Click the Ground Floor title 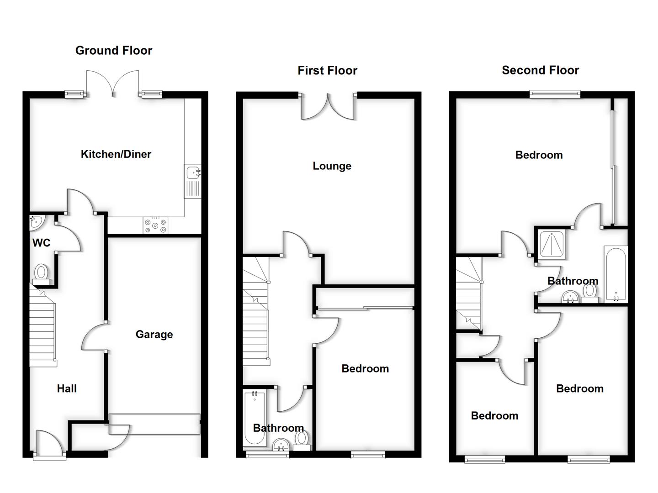coord(113,51)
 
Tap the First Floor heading coord(327,71)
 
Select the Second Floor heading coord(540,70)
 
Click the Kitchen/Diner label coord(116,154)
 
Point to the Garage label coord(154,335)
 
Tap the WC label coord(41,243)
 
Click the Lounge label coord(332,166)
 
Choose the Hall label coord(67,389)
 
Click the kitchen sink coord(193,181)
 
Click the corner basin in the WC coord(35,222)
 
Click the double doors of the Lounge coord(327,107)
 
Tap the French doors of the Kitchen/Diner coord(112,84)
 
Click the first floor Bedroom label coord(365,369)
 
